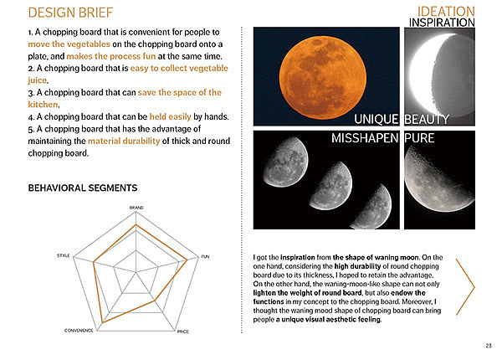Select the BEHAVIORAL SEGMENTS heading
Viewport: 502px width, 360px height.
tap(82, 188)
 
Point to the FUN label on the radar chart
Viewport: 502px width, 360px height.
tap(205, 255)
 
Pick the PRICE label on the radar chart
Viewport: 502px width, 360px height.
tap(182, 332)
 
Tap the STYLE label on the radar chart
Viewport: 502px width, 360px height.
tap(64, 255)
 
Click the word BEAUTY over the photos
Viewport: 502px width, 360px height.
tap(428, 120)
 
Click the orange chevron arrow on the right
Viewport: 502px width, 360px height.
tap(465, 285)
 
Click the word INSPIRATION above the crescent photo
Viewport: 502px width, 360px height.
tap(441, 23)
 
